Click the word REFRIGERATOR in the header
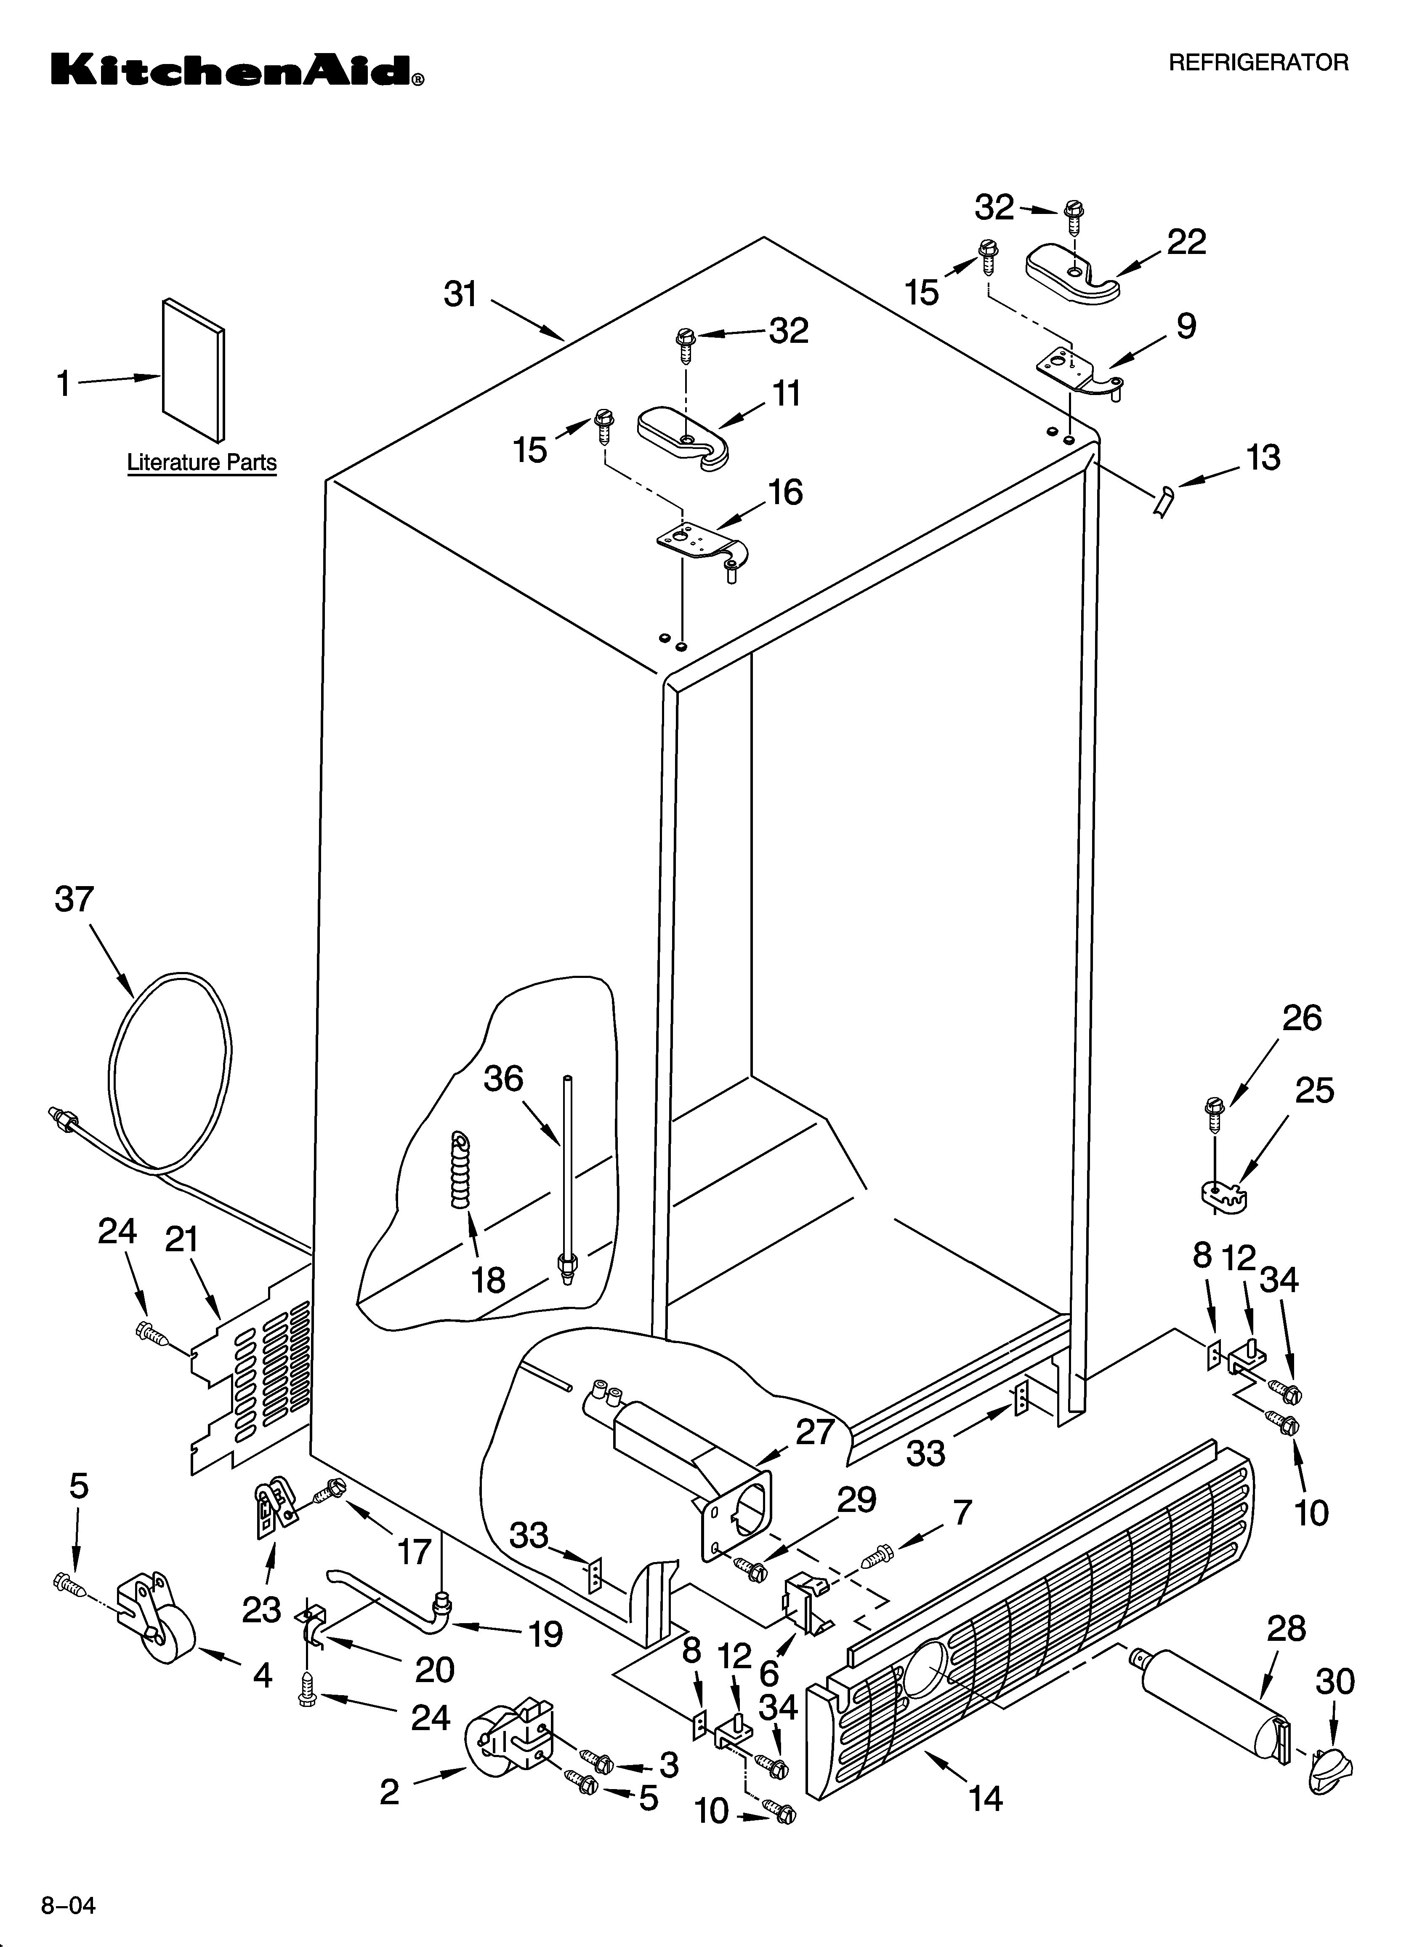click(x=1258, y=62)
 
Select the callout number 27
click(x=814, y=1431)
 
